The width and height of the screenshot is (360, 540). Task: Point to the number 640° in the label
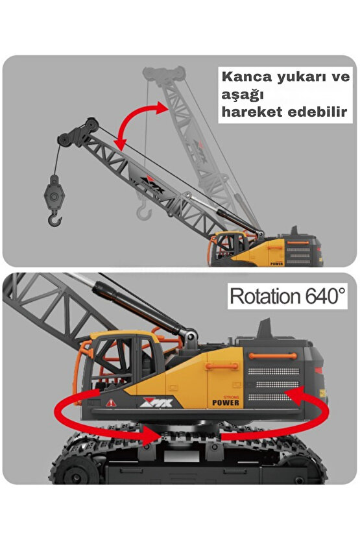coord(325,295)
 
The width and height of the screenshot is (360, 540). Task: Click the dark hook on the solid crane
coord(54,219)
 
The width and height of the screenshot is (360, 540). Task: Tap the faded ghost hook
coord(144,212)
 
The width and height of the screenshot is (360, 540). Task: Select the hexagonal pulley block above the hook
coord(54,195)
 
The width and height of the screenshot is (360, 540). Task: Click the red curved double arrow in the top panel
coord(141,123)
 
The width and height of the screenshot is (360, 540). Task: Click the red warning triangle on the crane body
coord(111,402)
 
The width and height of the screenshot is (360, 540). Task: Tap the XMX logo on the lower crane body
coord(157,402)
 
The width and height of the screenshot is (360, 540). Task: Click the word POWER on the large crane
coord(226,402)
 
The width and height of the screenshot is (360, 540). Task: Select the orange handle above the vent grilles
coord(272,356)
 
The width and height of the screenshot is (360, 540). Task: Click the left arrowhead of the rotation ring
coord(151,436)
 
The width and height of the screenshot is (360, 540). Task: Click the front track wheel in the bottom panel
coord(75,472)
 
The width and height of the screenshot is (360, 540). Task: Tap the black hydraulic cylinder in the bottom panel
coord(138,305)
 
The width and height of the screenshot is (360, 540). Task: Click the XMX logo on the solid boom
coord(152,184)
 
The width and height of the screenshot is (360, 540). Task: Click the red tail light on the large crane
coord(318,371)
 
